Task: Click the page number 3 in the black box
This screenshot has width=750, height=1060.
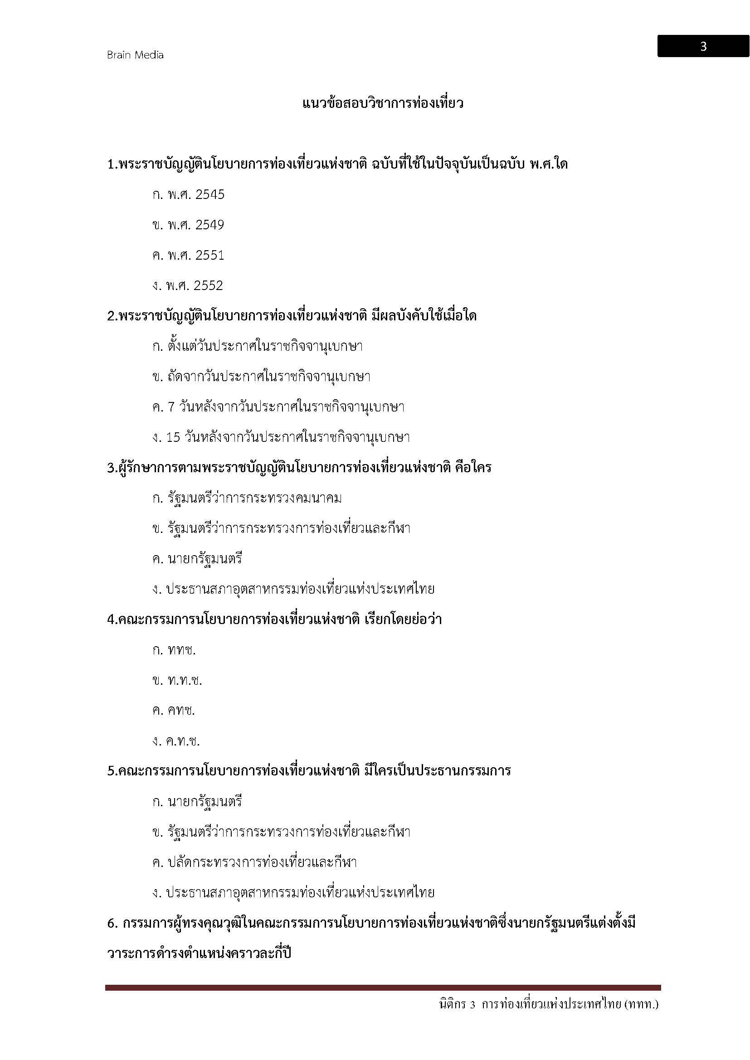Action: pos(703,47)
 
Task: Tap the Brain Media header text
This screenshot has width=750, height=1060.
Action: pos(135,55)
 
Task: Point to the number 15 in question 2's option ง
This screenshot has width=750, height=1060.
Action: pos(173,437)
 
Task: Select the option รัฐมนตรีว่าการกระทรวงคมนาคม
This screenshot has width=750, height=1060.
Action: pos(254,498)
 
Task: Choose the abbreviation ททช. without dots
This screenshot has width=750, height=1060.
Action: pos(181,650)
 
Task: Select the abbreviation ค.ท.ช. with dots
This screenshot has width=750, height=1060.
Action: pos(183,741)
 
